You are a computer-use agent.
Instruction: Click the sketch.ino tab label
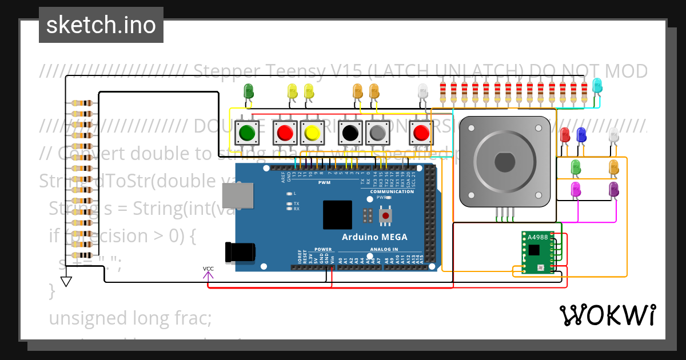point(101,25)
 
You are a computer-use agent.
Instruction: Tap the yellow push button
point(312,133)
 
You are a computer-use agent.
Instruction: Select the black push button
point(350,133)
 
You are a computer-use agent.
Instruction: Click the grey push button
point(377,133)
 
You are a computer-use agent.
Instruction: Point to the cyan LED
point(597,85)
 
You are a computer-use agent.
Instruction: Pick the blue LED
point(581,135)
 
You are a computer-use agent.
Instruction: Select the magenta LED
point(576,188)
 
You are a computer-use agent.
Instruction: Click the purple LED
point(614,188)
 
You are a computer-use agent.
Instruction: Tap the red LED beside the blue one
point(565,135)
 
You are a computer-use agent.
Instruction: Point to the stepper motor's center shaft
point(505,162)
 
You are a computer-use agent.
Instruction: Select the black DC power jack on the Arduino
point(240,252)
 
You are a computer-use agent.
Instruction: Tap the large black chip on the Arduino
point(337,215)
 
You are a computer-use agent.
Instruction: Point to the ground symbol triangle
point(67,281)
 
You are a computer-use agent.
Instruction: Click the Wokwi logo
point(607,315)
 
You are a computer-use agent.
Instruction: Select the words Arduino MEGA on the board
point(374,237)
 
